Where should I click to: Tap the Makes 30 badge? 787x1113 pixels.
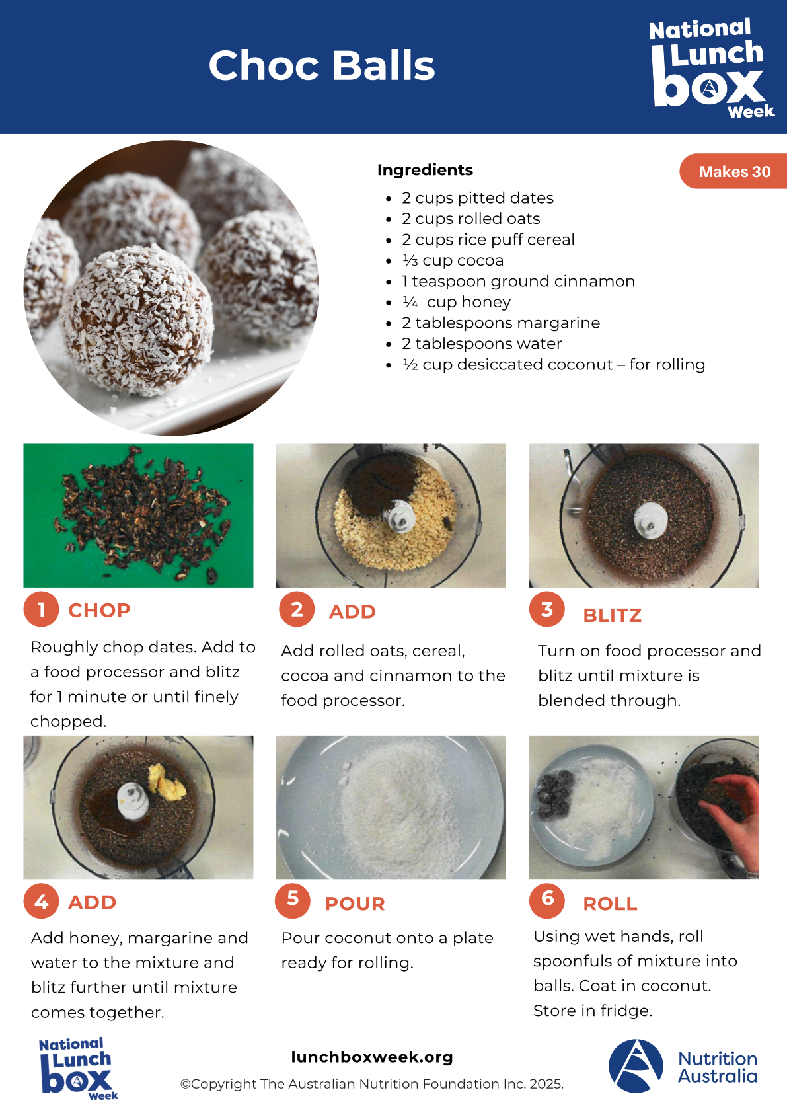click(734, 171)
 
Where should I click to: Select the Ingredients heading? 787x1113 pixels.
click(425, 170)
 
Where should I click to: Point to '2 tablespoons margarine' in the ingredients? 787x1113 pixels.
click(501, 323)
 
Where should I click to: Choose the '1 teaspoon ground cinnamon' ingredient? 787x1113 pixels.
click(518, 282)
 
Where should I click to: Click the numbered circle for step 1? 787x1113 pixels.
click(41, 609)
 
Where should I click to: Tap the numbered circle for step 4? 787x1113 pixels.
click(41, 901)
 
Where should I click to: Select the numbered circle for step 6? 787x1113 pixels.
click(547, 900)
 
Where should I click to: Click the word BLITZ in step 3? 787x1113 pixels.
click(612, 615)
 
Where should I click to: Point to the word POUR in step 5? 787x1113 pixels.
click(355, 903)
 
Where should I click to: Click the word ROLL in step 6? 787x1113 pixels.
click(610, 903)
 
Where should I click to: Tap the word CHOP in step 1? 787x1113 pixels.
click(99, 611)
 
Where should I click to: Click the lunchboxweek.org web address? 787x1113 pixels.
click(372, 1057)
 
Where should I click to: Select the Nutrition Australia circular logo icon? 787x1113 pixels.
click(636, 1066)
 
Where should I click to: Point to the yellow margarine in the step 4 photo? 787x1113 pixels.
click(167, 780)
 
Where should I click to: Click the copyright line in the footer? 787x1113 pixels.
click(371, 1084)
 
